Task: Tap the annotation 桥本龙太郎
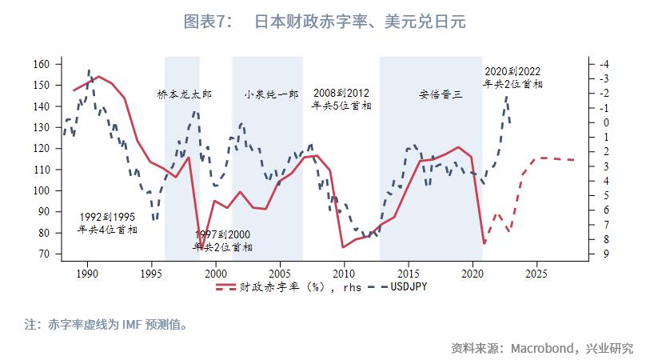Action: (x=185, y=94)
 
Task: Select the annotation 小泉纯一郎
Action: (x=271, y=94)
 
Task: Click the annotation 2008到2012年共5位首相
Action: (x=341, y=99)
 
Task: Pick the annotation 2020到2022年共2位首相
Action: (x=513, y=77)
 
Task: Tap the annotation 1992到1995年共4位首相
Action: (x=107, y=223)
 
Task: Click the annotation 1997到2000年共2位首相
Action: (x=222, y=241)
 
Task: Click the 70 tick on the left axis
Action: (x=45, y=254)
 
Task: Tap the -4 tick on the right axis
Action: (x=604, y=64)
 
